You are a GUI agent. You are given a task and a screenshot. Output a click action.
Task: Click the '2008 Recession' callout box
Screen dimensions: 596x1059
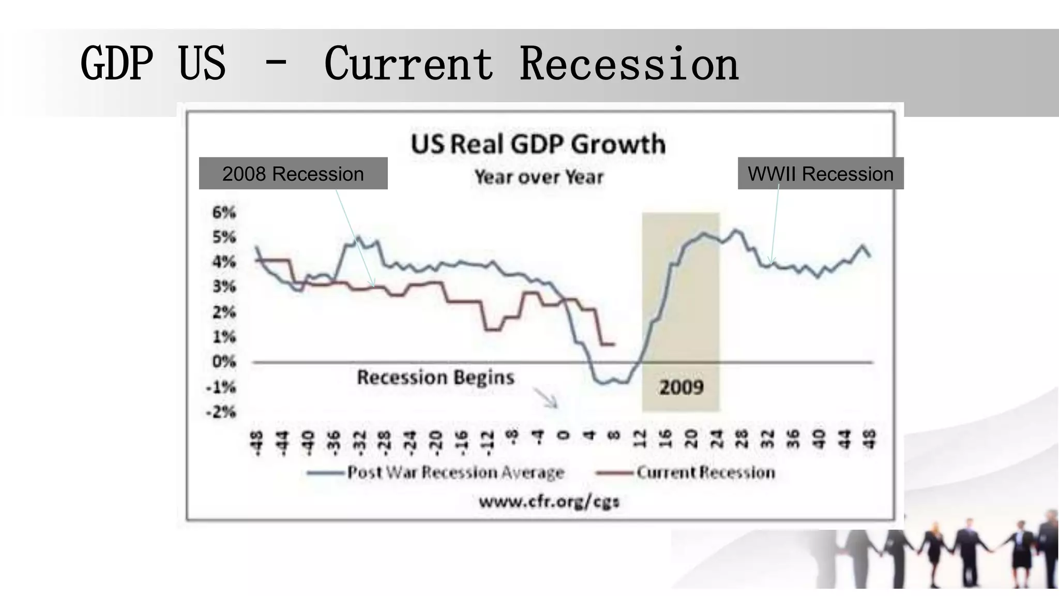point(293,174)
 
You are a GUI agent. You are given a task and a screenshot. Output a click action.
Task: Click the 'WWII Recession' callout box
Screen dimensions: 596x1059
point(821,174)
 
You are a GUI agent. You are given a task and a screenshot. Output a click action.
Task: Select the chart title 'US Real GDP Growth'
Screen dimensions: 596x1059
point(538,144)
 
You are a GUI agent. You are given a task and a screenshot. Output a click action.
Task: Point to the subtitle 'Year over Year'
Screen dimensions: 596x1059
point(539,177)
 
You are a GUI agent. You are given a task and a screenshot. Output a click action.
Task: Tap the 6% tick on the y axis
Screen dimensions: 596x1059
point(224,212)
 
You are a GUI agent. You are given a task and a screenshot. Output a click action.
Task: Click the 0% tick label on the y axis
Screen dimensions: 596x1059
point(224,361)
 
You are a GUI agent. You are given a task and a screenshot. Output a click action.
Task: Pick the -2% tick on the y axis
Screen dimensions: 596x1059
point(221,412)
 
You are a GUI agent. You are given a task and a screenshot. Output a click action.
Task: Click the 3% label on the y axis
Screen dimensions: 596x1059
point(224,286)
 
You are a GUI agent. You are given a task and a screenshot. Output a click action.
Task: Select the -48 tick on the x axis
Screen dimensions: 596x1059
point(256,443)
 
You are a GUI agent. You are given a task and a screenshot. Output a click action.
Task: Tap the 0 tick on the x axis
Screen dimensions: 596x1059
point(564,436)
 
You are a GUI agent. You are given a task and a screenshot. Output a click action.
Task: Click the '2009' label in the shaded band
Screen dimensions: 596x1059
point(681,387)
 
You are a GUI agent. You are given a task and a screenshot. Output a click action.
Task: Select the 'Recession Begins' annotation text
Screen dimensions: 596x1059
point(435,377)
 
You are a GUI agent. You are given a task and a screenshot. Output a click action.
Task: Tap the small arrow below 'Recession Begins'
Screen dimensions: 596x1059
point(546,398)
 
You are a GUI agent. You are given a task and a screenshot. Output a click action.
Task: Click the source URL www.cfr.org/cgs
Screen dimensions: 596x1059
point(549,501)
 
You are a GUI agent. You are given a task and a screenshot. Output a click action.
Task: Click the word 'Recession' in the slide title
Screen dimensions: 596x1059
point(629,64)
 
